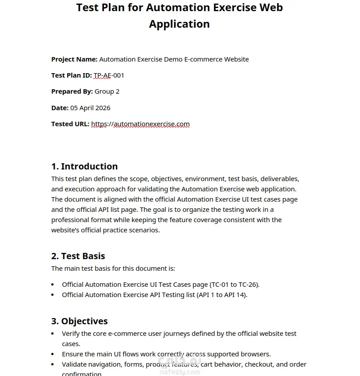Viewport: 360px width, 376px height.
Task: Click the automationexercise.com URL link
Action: point(140,124)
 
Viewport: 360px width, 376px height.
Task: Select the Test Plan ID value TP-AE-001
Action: point(109,75)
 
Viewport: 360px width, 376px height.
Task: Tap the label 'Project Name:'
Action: point(74,59)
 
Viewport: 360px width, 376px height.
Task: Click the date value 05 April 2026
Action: point(90,108)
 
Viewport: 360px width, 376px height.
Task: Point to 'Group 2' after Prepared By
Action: point(107,91)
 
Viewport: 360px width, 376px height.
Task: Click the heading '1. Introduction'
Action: point(84,166)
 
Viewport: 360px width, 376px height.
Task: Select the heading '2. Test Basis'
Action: point(78,256)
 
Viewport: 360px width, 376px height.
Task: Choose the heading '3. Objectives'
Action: point(79,321)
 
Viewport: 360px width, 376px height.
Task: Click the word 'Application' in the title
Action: point(179,24)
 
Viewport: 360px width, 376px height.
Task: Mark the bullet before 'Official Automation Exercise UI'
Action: point(53,285)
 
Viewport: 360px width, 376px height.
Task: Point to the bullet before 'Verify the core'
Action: point(53,334)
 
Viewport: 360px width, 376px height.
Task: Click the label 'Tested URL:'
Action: point(70,124)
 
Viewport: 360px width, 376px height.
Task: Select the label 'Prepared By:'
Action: point(72,91)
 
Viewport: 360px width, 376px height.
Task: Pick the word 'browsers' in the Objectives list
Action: point(257,354)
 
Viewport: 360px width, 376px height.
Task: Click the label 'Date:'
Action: point(60,108)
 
